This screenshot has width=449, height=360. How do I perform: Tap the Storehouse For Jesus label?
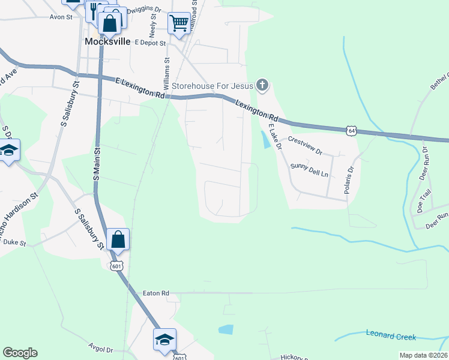click(212, 86)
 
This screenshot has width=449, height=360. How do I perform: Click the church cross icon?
click(262, 85)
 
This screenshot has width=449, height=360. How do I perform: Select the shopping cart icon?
click(179, 23)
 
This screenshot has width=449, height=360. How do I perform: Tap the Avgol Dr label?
click(100, 349)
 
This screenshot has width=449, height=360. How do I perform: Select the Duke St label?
click(14, 242)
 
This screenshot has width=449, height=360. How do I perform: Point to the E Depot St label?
click(150, 43)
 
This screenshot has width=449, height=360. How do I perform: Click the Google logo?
click(20, 353)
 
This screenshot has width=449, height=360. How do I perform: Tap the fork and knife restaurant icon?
click(94, 10)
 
